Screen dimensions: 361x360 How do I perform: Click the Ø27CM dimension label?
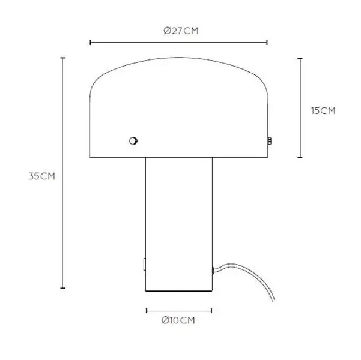(181, 31)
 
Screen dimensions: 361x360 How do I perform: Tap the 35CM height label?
(42, 176)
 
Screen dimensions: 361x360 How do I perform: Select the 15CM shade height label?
(323, 111)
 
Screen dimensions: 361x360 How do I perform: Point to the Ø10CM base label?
(178, 320)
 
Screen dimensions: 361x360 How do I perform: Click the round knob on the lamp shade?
(133, 141)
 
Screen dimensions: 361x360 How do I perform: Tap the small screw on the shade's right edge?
(269, 141)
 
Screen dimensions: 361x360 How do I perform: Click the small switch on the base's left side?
(144, 265)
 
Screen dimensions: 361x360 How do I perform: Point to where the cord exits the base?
(213, 270)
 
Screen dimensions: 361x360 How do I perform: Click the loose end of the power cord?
(274, 300)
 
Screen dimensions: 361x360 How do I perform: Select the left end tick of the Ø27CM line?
(91, 43)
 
